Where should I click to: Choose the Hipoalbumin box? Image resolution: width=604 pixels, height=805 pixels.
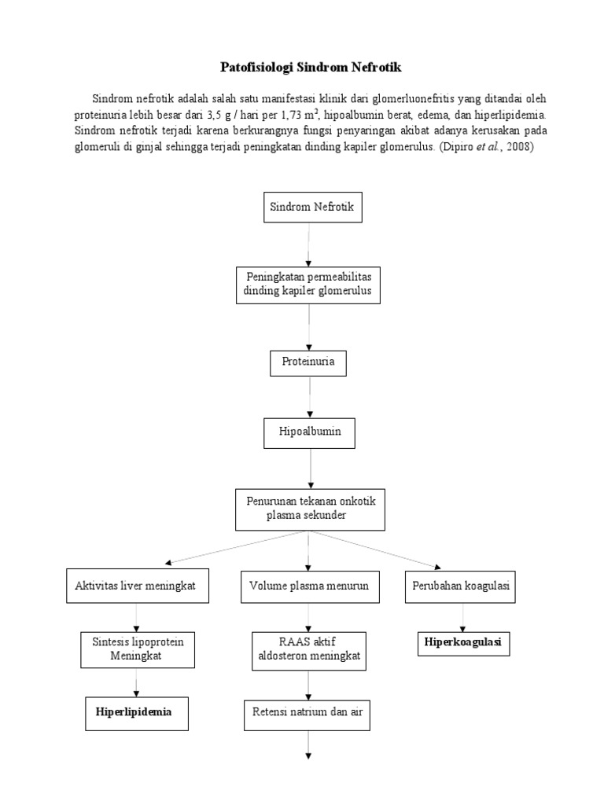308,432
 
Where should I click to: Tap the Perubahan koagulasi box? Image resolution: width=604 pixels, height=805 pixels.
460,586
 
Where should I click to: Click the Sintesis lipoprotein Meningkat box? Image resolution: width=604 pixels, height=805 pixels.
137,649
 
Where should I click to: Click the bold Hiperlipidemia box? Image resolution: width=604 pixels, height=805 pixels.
137,711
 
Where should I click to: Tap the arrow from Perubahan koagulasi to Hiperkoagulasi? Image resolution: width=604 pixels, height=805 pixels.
463,616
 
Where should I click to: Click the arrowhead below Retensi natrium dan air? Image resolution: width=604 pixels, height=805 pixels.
308,756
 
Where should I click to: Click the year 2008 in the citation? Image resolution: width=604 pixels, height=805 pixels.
518,146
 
